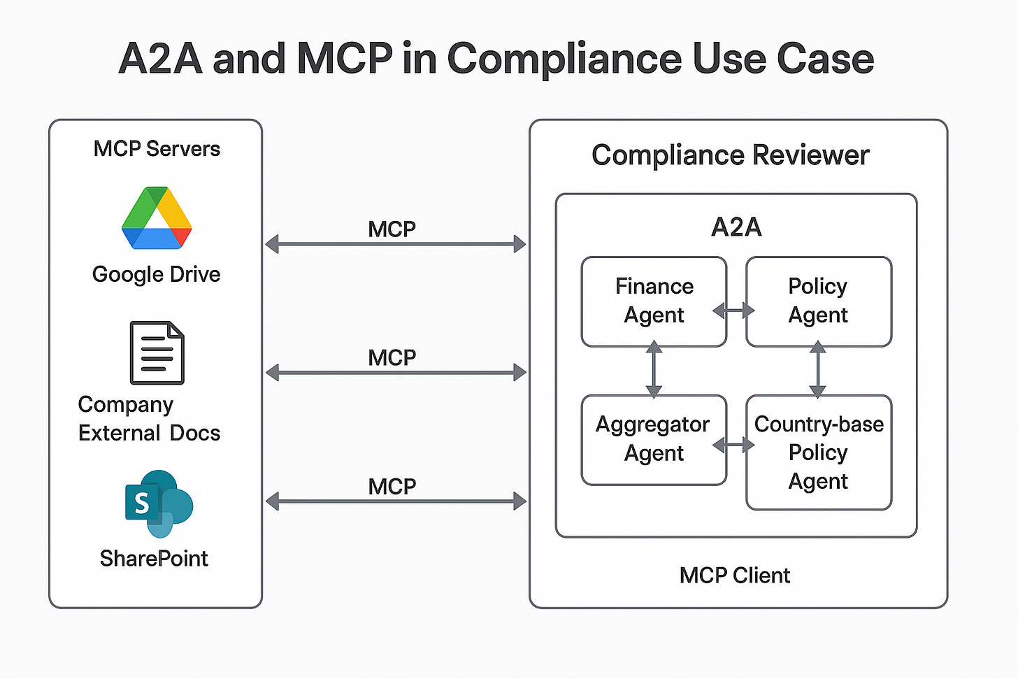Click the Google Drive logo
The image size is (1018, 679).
coord(157,217)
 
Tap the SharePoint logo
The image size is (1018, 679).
coord(159,504)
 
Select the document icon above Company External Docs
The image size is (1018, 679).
coord(157,352)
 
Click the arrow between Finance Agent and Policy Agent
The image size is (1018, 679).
coord(733,311)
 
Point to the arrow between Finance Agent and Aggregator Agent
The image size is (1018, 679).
coord(654,369)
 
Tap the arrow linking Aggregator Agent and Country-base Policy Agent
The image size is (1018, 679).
coord(733,445)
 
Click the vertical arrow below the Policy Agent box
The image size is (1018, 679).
coord(817,369)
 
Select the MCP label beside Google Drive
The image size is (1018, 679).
coord(392,229)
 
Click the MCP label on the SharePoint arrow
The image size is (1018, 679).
coord(392,487)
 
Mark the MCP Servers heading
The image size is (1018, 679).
coord(157,149)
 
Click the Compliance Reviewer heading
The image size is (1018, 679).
coord(731,155)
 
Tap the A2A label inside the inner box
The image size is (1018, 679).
coord(736,227)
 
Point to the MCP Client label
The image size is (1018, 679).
coord(734,576)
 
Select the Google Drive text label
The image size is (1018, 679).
coord(157,275)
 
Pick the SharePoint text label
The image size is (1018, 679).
coord(154,559)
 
